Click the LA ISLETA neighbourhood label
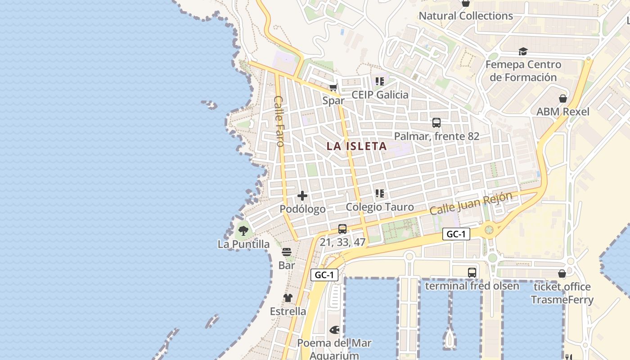pos(356,146)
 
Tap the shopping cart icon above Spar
pos(333,88)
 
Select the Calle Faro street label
pos(279,121)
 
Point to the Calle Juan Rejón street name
pos(471,204)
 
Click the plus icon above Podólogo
pos(302,196)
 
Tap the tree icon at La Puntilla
pos(243,231)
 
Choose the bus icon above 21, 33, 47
pos(342,229)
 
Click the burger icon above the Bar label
pos(287,252)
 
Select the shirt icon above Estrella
pos(288,298)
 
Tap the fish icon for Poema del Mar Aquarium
pos(334,330)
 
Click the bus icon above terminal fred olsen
pos(472,272)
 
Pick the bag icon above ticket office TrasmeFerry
pos(562,273)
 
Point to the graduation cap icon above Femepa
pos(523,52)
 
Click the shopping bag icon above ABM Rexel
pos(562,98)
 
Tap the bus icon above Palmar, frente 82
pos(436,122)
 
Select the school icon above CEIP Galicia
pos(379,81)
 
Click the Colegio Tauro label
pos(380,207)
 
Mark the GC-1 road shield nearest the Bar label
pos(324,275)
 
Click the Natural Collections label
pos(466,16)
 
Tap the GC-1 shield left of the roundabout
pos(456,234)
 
